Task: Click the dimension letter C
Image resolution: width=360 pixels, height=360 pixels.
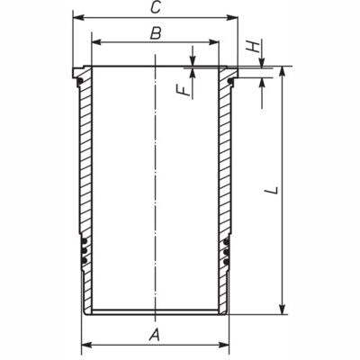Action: pos(155,8)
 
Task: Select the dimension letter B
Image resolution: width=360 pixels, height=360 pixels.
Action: pos(155,33)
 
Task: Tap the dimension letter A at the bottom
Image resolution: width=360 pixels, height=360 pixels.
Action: pos(155,335)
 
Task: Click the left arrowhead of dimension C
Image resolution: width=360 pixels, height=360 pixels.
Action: pos(76,17)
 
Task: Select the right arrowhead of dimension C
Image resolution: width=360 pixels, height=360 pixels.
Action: pos(235,17)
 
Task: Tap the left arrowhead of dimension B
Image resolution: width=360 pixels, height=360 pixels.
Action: pos(95,41)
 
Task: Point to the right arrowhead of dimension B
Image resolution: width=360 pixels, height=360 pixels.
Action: pos(215,41)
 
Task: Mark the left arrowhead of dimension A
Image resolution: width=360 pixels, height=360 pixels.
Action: pos(85,344)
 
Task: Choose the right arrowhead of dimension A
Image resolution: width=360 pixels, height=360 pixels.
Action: pos(225,344)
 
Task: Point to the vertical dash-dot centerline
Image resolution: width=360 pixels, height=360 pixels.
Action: pos(156,180)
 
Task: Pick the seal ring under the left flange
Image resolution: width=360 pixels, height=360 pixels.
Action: pos(80,82)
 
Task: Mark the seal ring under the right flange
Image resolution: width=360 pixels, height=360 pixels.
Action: pos(230,82)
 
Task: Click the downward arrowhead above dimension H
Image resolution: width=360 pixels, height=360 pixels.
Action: pos(262,61)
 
